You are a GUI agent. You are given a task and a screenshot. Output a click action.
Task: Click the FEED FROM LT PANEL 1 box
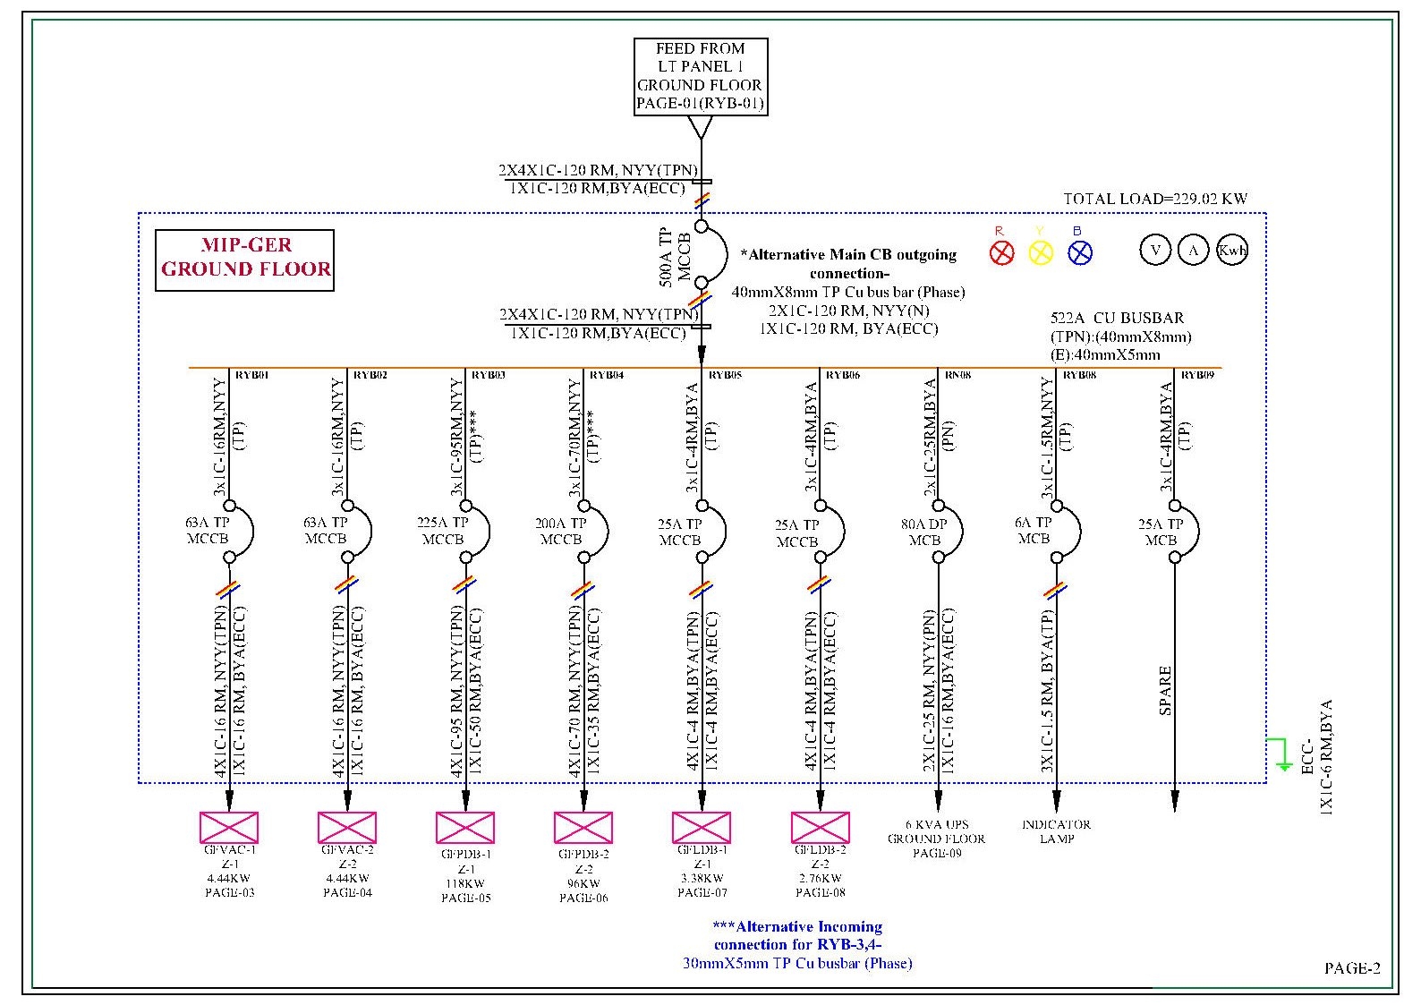pos(700,76)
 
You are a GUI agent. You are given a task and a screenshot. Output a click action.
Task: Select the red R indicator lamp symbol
pos(1001,253)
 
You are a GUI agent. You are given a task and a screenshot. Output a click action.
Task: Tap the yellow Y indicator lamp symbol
pos(1041,253)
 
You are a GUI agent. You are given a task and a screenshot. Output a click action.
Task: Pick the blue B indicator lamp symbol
pos(1080,253)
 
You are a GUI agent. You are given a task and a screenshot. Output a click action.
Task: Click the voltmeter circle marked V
pos(1155,250)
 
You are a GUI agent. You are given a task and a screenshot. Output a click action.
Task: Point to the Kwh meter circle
pos(1232,250)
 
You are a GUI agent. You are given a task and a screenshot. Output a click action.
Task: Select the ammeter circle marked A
pos(1194,250)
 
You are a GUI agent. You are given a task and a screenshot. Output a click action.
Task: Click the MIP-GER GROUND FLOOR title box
pos(245,260)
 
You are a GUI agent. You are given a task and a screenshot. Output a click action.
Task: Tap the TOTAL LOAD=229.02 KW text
pos(1154,199)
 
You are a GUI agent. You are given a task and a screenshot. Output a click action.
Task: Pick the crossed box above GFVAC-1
pos(229,827)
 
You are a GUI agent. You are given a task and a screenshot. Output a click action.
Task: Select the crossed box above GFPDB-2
pos(583,827)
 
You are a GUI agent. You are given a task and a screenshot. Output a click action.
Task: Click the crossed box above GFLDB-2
pos(820,827)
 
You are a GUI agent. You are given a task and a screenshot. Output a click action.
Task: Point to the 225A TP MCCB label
pos(443,531)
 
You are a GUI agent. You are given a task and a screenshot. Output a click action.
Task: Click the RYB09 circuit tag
pos(1197,375)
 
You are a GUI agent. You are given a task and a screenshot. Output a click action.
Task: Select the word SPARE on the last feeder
pos(1165,690)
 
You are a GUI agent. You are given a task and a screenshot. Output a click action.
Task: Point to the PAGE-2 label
pos(1352,967)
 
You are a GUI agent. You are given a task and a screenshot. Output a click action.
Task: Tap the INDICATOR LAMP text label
pos(1056,831)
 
